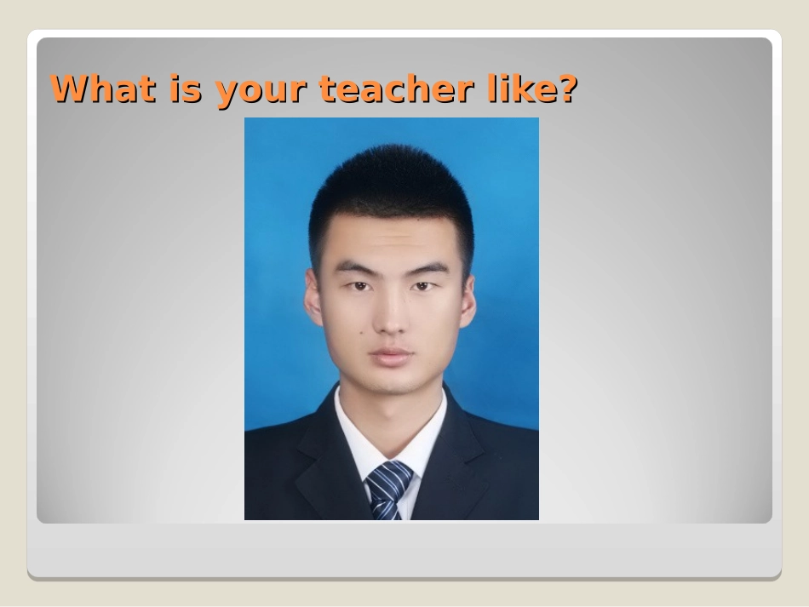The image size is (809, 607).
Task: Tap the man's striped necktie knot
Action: point(388,474)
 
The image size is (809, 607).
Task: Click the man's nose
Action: point(391,319)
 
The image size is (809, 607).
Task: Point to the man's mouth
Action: point(392,354)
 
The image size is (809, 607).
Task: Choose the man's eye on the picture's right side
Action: point(423,286)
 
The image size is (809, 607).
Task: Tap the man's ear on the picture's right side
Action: point(468,300)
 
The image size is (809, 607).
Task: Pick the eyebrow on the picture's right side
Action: point(428,268)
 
